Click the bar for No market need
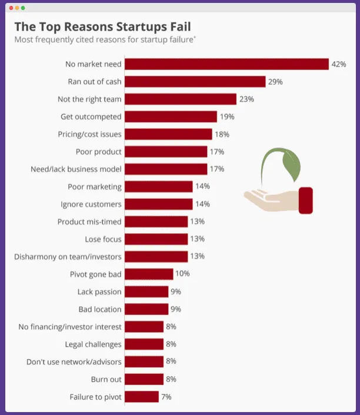click(226, 64)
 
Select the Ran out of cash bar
click(195, 82)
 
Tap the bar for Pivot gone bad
click(149, 274)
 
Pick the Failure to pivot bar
click(142, 397)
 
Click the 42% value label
click(339, 64)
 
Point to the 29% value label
click(275, 82)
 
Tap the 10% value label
click(182, 274)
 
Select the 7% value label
click(166, 397)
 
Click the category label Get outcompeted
click(91, 117)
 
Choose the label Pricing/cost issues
click(90, 134)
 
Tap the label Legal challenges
click(94, 344)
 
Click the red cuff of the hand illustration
click(306, 201)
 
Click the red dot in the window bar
click(11, 8)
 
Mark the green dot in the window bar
click(23, 8)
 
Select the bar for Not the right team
click(181, 99)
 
